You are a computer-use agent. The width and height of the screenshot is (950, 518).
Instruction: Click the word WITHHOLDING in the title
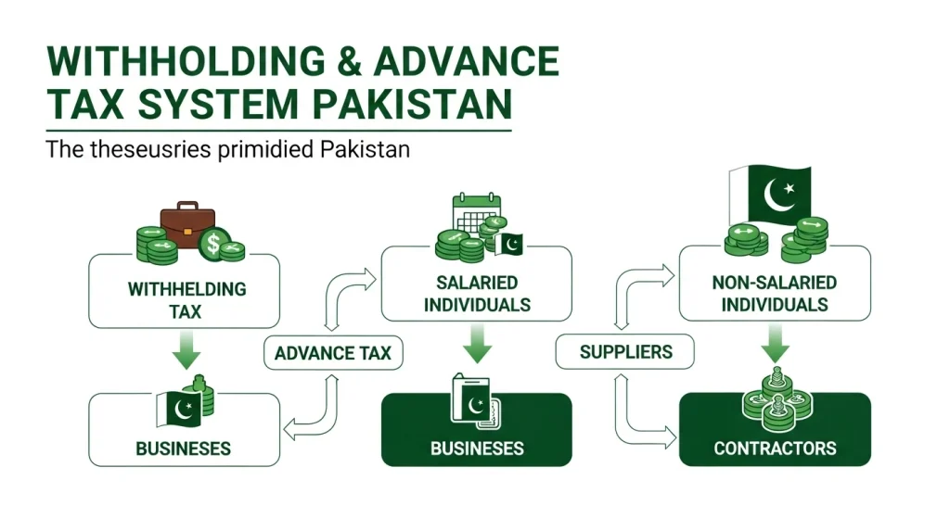pyautogui.click(x=186, y=60)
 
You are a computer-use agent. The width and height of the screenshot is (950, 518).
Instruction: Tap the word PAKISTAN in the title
pyautogui.click(x=413, y=104)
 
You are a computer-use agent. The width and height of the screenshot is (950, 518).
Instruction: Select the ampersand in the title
pyautogui.click(x=350, y=60)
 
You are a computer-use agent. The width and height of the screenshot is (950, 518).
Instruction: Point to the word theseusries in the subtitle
pyautogui.click(x=150, y=149)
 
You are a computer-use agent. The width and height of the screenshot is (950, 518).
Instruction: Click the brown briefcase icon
pyautogui.click(x=187, y=224)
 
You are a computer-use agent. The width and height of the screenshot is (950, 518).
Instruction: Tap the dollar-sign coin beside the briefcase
pyautogui.click(x=214, y=244)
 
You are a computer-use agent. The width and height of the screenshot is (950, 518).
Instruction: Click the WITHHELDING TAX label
pyautogui.click(x=186, y=300)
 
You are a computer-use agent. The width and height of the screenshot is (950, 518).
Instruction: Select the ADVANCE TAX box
pyautogui.click(x=333, y=353)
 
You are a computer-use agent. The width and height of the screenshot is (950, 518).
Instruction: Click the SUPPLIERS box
pyautogui.click(x=625, y=351)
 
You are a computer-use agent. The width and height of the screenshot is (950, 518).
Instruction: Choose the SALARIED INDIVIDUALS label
pyautogui.click(x=477, y=294)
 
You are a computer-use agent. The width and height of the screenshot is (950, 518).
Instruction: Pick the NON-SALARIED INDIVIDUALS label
pyautogui.click(x=775, y=294)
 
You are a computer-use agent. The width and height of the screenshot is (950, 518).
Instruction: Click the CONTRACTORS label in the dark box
pyautogui.click(x=775, y=449)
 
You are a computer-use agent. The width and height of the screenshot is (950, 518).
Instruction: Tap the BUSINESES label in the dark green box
pyautogui.click(x=477, y=449)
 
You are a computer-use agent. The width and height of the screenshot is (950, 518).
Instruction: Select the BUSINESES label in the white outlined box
pyautogui.click(x=183, y=449)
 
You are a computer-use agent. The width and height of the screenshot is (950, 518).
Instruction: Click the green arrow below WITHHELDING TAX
pyautogui.click(x=186, y=349)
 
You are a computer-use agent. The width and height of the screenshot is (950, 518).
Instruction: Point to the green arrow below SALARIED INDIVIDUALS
pyautogui.click(x=478, y=343)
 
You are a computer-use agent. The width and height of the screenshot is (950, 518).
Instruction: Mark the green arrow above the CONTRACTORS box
pyautogui.click(x=775, y=343)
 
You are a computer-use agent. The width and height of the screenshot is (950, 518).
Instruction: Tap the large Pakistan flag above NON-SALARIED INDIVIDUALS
pyautogui.click(x=770, y=195)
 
